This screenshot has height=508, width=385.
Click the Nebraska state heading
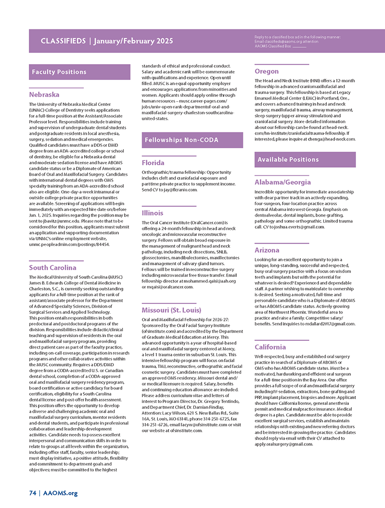coord(44,94)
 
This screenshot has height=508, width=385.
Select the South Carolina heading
coord(52,267)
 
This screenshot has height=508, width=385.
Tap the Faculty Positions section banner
coord(59,72)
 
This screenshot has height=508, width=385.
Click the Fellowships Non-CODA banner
coord(181,140)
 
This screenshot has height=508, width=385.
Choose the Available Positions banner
coord(288,159)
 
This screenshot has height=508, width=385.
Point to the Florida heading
coord(153,163)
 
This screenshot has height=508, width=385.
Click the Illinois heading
coord(153,213)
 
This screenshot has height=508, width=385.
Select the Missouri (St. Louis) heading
coord(171,310)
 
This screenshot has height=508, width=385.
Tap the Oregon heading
coord(267,71)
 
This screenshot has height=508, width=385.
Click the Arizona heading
coord(267,250)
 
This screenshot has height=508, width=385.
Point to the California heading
coord(270,347)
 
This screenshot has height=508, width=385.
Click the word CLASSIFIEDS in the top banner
coord(63,41)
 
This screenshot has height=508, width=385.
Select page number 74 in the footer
coord(32,493)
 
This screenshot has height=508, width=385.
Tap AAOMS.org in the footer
coord(60,493)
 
